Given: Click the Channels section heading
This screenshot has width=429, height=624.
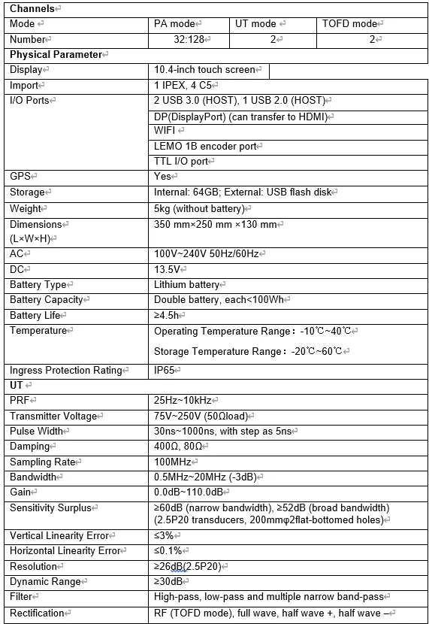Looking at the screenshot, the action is point(32,8).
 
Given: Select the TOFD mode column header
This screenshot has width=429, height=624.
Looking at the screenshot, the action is point(349,23).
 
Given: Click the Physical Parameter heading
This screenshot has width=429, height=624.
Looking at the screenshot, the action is point(56,54).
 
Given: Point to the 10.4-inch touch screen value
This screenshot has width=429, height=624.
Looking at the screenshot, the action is point(204,70).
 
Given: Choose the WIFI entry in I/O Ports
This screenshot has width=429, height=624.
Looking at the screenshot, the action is point(166,130).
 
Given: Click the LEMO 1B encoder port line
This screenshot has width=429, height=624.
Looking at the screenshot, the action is point(205,146).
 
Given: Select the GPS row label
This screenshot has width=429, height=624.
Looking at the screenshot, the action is point(20,176).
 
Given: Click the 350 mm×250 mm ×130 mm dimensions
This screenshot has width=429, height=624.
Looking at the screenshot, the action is point(216,224).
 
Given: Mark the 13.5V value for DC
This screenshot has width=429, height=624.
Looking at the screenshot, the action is point(167,269).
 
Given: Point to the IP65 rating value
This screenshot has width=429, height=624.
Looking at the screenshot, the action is point(166,370).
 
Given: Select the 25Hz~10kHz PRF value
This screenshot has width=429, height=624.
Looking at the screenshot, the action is point(183,401).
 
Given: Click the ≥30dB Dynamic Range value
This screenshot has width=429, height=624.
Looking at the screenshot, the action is point(169,581).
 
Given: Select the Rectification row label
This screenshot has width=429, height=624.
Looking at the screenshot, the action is point(37,613).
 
